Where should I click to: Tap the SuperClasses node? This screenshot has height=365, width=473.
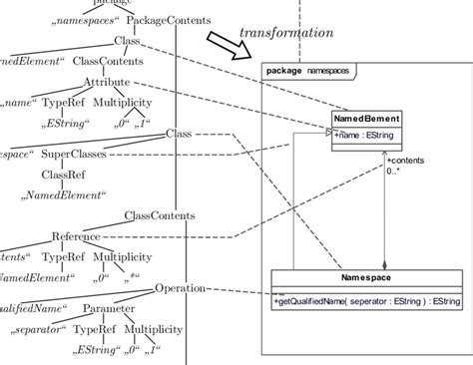(x=74, y=154)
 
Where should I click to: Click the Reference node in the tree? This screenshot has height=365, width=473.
(x=76, y=236)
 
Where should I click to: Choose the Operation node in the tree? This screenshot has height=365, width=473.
(x=180, y=288)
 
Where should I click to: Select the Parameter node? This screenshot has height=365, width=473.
(x=110, y=308)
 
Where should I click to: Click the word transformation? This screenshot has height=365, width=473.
(x=285, y=33)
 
